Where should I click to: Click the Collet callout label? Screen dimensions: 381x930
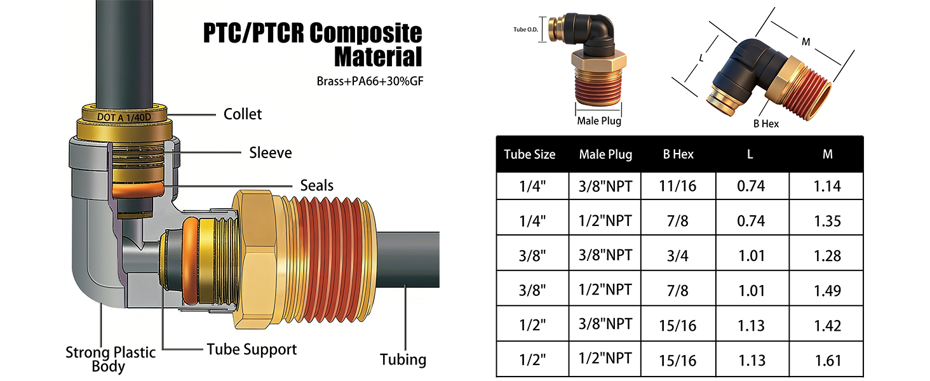(243, 114)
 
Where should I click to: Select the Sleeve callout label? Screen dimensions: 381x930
(270, 152)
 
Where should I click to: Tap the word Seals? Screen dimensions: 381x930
(316, 185)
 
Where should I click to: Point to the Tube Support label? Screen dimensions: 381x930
(252, 349)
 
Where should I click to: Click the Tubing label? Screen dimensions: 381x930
(403, 359)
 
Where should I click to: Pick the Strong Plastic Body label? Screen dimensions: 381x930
(110, 359)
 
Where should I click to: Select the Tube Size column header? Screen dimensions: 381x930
(529, 154)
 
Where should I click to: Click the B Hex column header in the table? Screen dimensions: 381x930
(678, 154)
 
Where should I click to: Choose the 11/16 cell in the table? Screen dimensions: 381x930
(678, 186)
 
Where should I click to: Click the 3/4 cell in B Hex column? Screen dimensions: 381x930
(678, 255)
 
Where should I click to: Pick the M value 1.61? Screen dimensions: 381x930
(827, 361)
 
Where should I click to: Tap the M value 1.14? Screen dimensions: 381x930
(827, 186)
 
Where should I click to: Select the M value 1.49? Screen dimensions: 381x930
(827, 290)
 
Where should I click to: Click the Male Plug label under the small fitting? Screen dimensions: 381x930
(598, 121)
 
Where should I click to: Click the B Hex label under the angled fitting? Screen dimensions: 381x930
(766, 123)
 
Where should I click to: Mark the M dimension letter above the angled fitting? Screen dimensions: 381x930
(805, 42)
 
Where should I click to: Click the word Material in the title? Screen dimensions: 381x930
(378, 57)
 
